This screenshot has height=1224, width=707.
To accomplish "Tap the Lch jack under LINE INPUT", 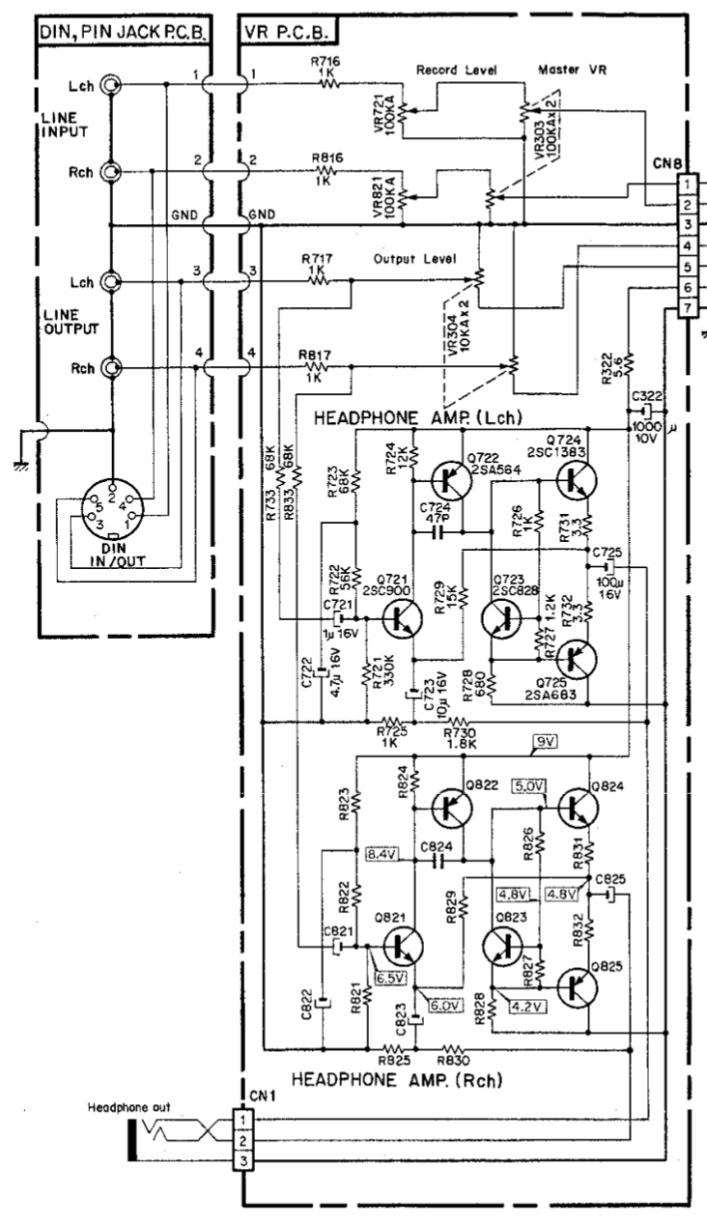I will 112,85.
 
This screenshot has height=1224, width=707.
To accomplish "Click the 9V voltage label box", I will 547,743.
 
